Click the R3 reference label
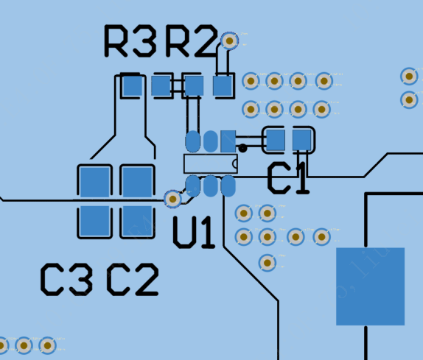pyautogui.click(x=130, y=41)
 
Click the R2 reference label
pyautogui.click(x=191, y=41)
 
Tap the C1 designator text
pyautogui.click(x=288, y=179)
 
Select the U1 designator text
pyautogui.click(x=194, y=232)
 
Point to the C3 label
pyautogui.click(x=66, y=280)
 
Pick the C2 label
pyautogui.click(x=133, y=280)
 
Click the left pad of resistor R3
pyautogui.click(x=132, y=86)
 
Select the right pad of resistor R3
pyautogui.click(x=161, y=86)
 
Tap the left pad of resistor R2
pyautogui.click(x=193, y=86)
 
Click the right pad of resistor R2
pyautogui.click(x=223, y=86)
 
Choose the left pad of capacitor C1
pyautogui.click(x=275, y=140)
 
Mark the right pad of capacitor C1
pyautogui.click(x=301, y=140)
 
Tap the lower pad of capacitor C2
pyautogui.click(x=136, y=221)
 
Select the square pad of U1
pyautogui.click(x=228, y=141)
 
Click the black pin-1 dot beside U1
pyautogui.click(x=242, y=149)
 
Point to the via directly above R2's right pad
pyautogui.click(x=229, y=40)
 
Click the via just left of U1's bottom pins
pyautogui.click(x=172, y=198)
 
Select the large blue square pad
pyautogui.click(x=370, y=286)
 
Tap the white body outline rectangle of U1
pyautogui.click(x=210, y=163)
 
